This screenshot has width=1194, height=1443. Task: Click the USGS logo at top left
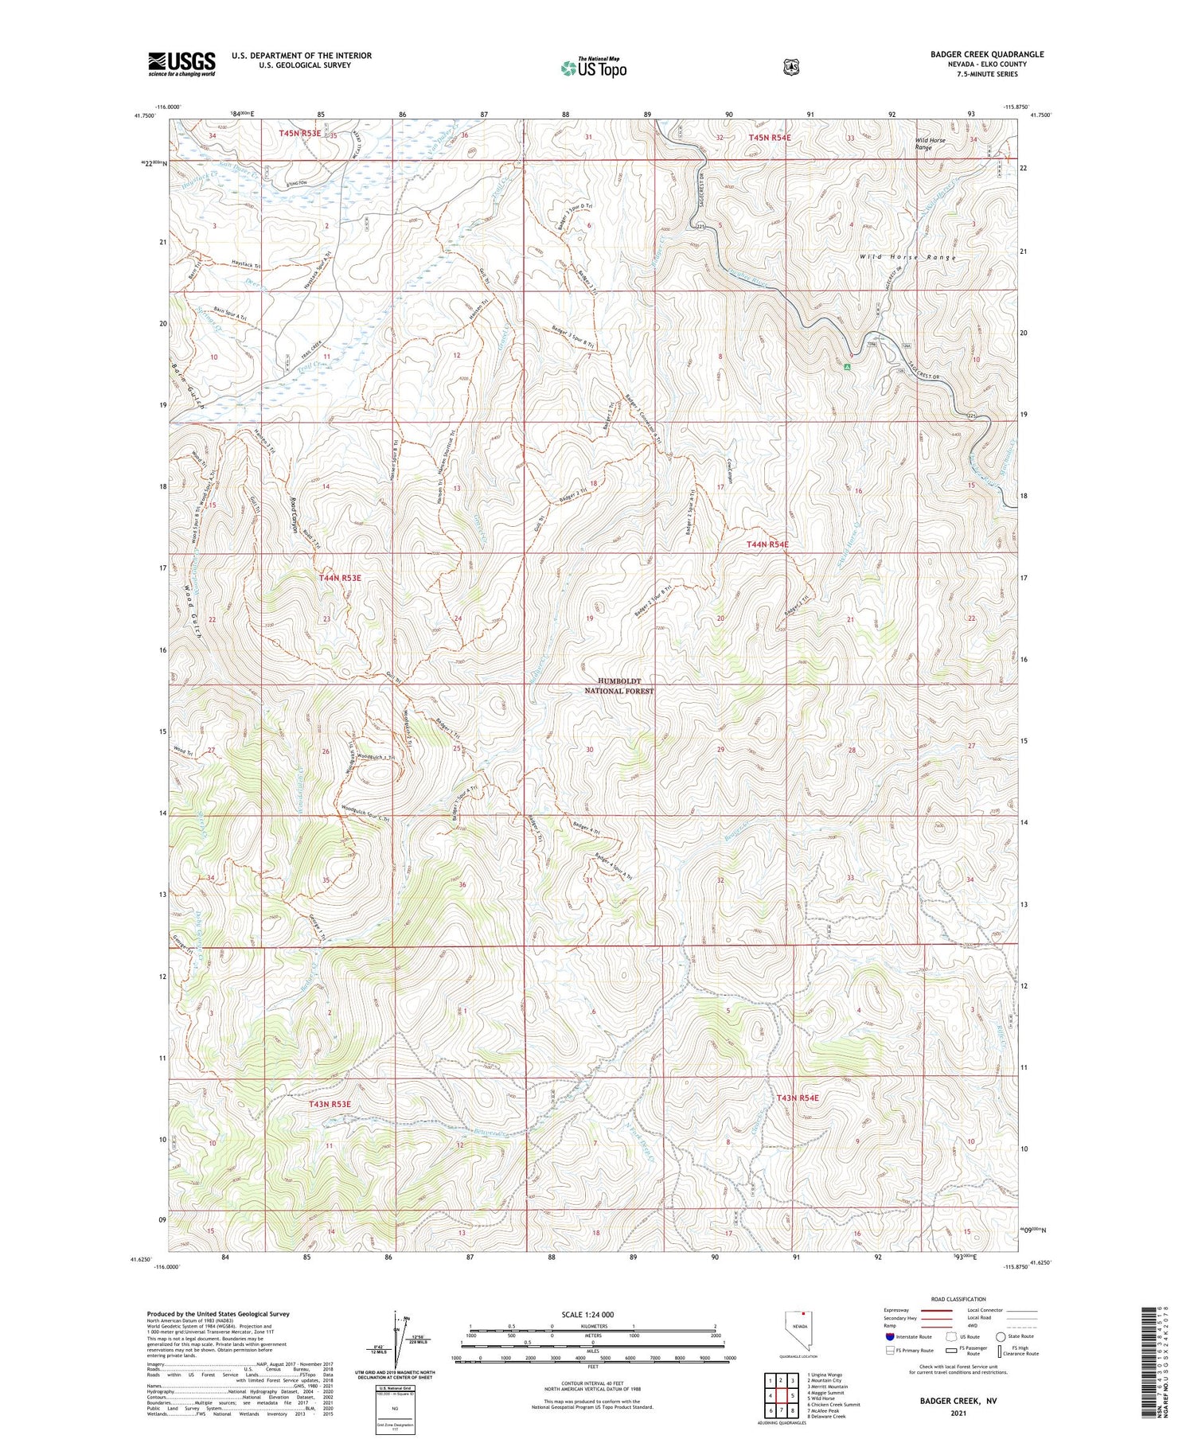pyautogui.click(x=181, y=64)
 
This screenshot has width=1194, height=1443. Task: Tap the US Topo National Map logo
pyautogui.click(x=593, y=68)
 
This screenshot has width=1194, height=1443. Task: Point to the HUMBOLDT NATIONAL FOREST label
pyautogui.click(x=619, y=686)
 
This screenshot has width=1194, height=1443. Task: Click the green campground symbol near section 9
pyautogui.click(x=848, y=367)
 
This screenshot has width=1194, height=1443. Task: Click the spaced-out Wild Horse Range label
pyautogui.click(x=907, y=258)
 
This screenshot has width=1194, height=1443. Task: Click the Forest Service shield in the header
pyautogui.click(x=788, y=67)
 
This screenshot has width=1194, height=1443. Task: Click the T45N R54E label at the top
pyautogui.click(x=770, y=138)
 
